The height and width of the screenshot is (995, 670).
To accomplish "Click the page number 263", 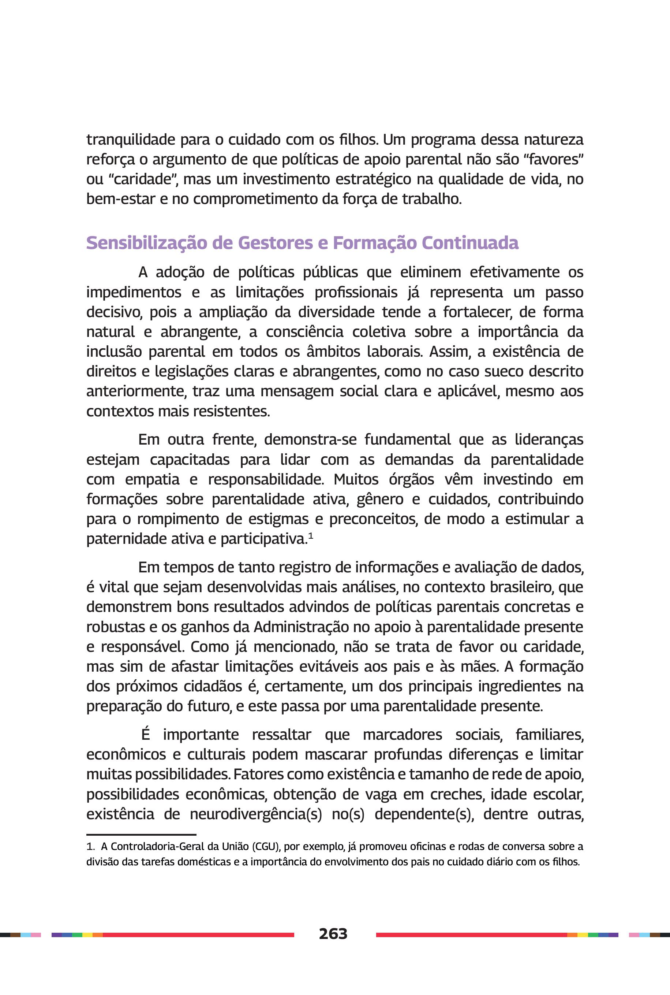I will [333, 934].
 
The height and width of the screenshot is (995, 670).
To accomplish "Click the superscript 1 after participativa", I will [311, 536].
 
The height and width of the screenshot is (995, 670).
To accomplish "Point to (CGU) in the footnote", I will [265, 846].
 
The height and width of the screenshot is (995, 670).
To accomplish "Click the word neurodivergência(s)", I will [255, 814].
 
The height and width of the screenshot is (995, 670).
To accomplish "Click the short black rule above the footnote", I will [141, 834].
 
